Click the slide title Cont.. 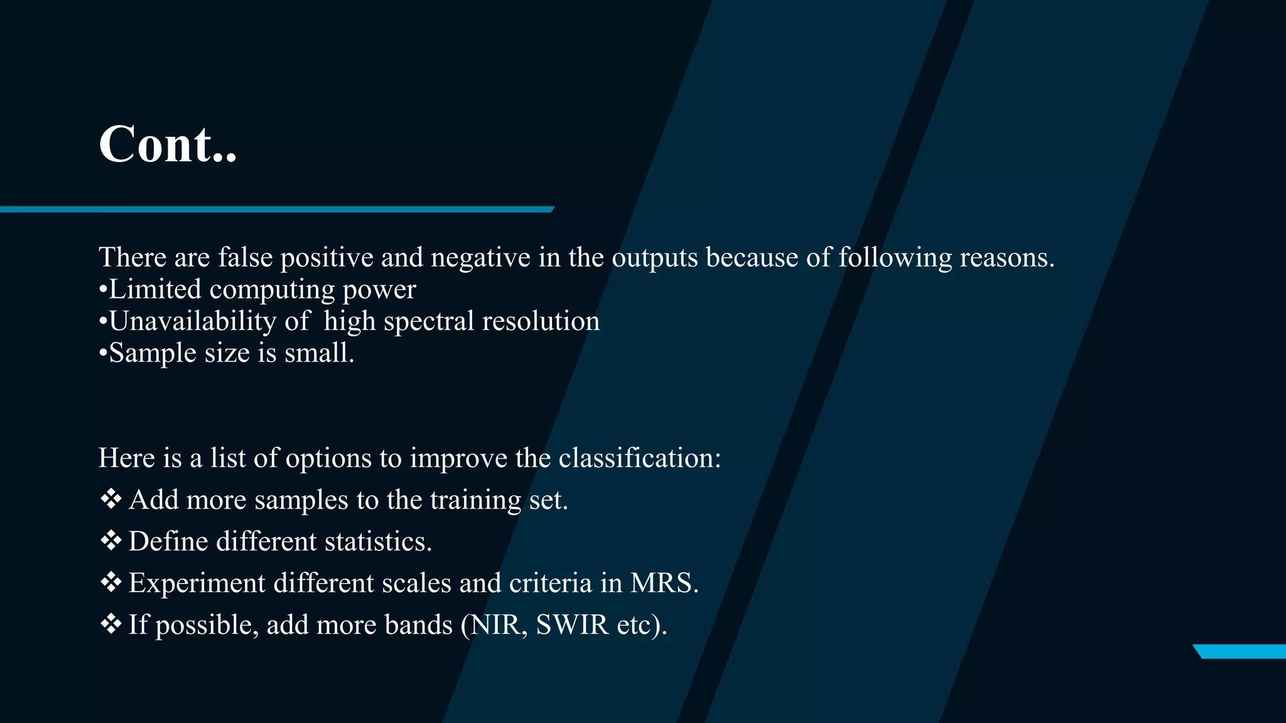click(168, 144)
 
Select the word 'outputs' click(654, 258)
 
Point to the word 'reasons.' click(1007, 257)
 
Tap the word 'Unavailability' click(192, 321)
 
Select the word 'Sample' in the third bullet click(153, 353)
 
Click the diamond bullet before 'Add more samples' click(111, 499)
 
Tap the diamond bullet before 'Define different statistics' click(111, 540)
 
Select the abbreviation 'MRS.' click(664, 582)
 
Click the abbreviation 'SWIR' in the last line click(571, 624)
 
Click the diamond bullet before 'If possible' click(111, 624)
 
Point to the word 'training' click(475, 500)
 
